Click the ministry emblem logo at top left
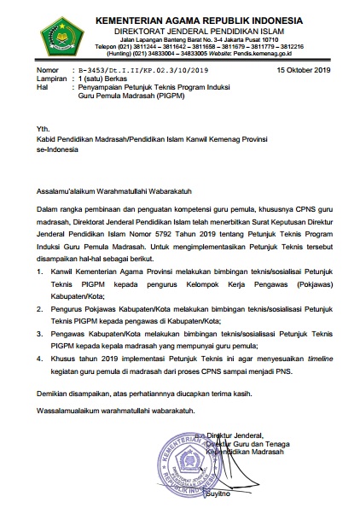[37, 33]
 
